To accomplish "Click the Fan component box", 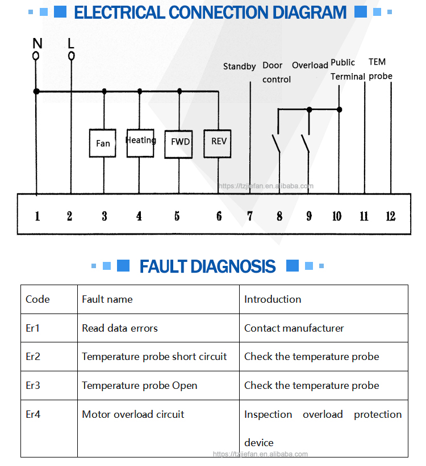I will click(103, 143).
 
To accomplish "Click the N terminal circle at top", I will click(36, 56).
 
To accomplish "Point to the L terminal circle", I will click(71, 56).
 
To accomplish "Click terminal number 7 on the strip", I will click(250, 216).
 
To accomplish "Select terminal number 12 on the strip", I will click(390, 216).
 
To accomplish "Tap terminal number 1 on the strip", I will click(37, 216).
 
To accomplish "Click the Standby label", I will click(239, 67).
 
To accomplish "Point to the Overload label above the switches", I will click(310, 66).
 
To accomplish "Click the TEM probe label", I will click(379, 69).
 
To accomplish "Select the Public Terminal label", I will click(347, 70).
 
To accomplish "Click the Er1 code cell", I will click(33, 328).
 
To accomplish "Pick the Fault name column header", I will click(107, 299).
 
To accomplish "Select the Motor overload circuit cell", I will click(133, 414).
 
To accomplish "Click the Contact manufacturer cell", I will click(294, 328).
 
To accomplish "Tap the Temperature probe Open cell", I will click(140, 385).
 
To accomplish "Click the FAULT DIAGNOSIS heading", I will click(207, 266).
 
